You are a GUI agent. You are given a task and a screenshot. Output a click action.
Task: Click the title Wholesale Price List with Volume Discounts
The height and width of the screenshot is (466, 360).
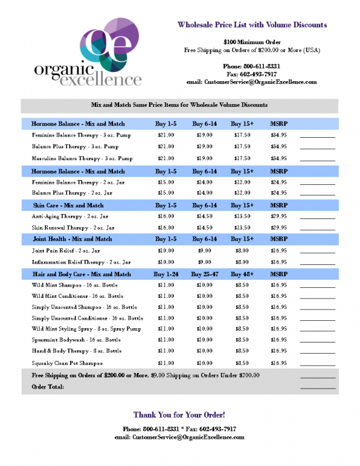point(252,25)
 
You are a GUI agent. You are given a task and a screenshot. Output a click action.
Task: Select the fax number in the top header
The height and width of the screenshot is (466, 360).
point(251,73)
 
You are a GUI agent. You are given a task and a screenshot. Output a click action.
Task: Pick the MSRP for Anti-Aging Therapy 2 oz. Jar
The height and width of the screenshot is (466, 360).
point(279,216)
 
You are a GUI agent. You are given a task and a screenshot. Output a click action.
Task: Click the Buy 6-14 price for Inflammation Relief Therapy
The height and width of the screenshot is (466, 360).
point(204,262)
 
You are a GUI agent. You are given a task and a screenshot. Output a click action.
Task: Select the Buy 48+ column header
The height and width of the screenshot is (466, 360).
point(242,274)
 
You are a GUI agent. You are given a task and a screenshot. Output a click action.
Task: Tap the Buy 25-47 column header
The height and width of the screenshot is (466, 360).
point(204,274)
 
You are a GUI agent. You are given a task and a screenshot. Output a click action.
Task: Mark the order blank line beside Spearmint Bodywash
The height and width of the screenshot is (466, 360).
point(317,341)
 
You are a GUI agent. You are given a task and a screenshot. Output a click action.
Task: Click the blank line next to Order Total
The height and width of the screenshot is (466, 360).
point(317,388)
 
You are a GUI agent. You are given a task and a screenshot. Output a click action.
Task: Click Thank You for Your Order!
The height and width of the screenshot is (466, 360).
point(179,414)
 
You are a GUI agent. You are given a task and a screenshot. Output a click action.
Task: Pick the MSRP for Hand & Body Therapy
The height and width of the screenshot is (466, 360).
point(279,351)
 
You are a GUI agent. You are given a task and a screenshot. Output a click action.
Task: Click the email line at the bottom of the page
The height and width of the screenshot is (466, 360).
point(179,437)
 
